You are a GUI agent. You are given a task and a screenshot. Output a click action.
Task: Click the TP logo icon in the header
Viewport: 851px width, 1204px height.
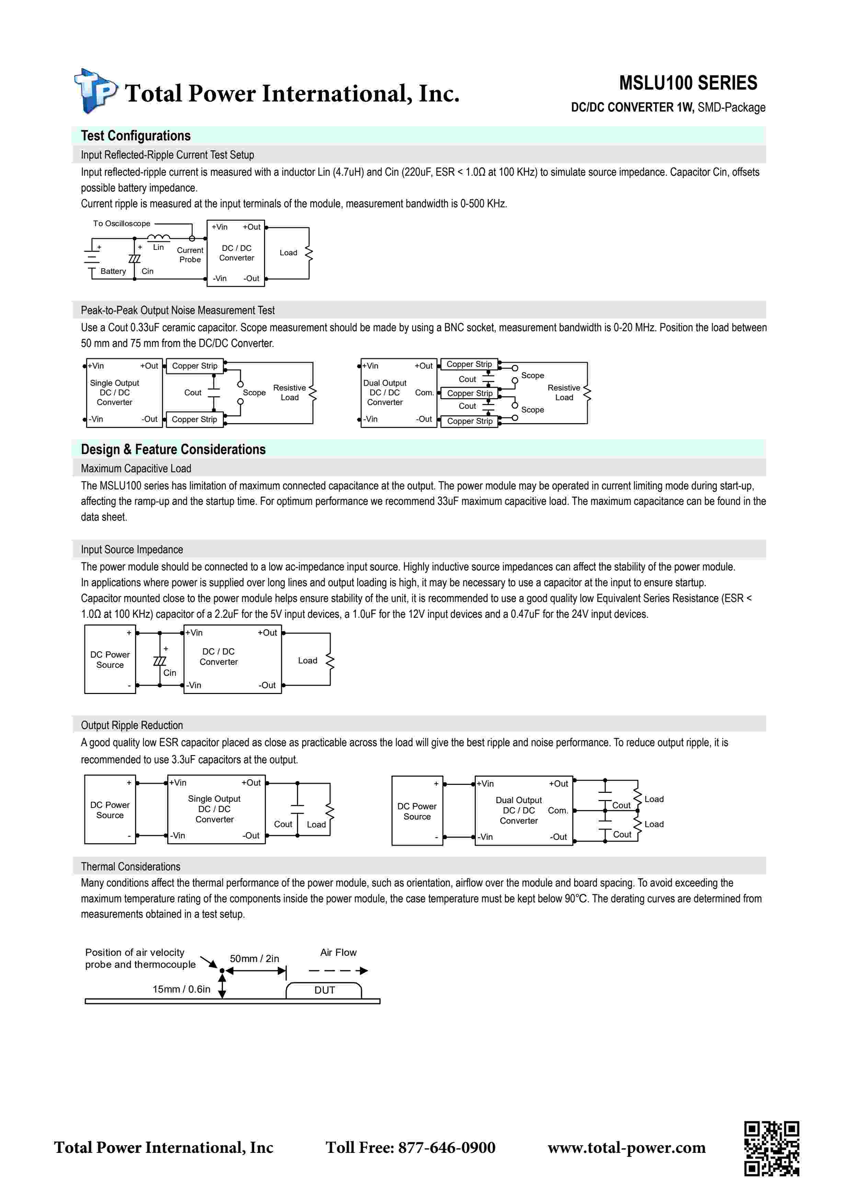95,91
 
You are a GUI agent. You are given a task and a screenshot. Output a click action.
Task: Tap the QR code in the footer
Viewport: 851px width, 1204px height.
771,1148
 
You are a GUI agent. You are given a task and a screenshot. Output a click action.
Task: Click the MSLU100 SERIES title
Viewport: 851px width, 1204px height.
688,83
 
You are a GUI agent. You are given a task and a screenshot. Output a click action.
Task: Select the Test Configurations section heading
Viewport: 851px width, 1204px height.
136,136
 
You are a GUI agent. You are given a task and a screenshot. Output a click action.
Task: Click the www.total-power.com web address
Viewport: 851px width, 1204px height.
626,1147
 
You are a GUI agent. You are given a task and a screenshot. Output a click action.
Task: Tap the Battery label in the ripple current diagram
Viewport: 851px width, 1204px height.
113,271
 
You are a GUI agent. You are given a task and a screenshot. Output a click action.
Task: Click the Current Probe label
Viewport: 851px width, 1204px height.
190,255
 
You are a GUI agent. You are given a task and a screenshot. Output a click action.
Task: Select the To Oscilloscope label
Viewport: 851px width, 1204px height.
122,223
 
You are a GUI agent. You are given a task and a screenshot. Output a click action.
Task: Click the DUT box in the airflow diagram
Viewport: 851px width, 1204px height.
324,990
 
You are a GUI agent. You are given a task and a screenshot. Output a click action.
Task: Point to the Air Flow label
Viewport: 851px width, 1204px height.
338,952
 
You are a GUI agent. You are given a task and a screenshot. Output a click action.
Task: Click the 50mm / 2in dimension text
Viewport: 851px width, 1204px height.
254,959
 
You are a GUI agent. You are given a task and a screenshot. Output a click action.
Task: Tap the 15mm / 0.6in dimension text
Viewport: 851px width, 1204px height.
181,989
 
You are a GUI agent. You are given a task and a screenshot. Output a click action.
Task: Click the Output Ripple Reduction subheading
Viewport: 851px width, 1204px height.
131,725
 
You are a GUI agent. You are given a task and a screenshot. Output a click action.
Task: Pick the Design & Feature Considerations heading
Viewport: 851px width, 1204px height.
173,449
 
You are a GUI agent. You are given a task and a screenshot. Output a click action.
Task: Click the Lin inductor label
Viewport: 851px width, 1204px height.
158,247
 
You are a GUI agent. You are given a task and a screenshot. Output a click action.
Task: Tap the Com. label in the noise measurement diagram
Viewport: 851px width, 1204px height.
425,393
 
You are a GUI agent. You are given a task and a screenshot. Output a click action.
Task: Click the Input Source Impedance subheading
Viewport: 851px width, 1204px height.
131,549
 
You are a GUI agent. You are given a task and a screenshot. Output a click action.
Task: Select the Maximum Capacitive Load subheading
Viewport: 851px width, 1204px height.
136,468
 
